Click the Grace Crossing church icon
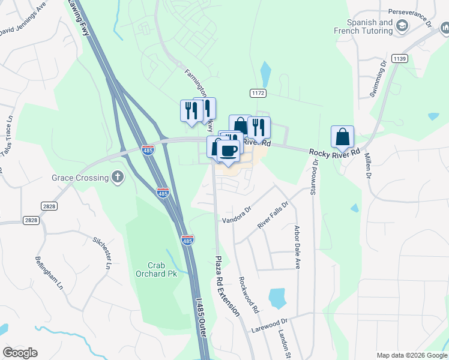coord(118,177)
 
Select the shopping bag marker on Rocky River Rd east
coord(342,137)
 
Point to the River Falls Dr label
coord(273,215)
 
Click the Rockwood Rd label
coord(248,295)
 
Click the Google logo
coord(20,353)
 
